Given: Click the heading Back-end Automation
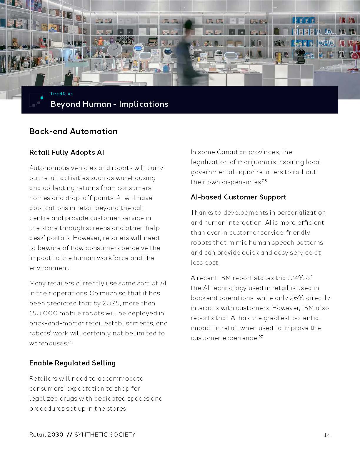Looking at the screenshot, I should pyautogui.click(x=73, y=131).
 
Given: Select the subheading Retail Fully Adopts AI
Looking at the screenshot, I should pyautogui.click(x=66, y=152).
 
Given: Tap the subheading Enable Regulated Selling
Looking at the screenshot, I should pyautogui.click(x=72, y=363).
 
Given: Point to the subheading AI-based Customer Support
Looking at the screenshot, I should pyautogui.click(x=238, y=197).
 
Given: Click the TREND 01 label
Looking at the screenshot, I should pyautogui.click(x=62, y=94).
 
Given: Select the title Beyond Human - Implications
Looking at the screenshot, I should pyautogui.click(x=109, y=104).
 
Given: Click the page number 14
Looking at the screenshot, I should pyautogui.click(x=326, y=435).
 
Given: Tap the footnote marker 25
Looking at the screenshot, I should pyautogui.click(x=70, y=342).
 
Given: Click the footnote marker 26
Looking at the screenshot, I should pyautogui.click(x=264, y=181).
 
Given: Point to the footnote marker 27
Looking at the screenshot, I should pyautogui.click(x=261, y=337).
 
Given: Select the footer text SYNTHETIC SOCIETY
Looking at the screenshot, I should pyautogui.click(x=105, y=435).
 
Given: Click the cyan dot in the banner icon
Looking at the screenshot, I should pyautogui.click(x=42, y=98).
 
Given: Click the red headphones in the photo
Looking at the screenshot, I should pyautogui.click(x=355, y=50).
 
